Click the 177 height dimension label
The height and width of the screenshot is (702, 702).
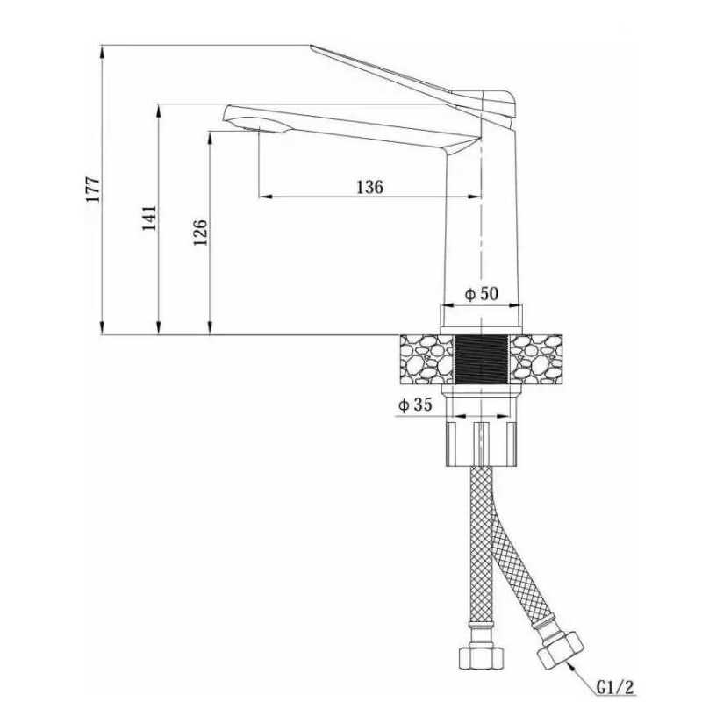pos(94,190)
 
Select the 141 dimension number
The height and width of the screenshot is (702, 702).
pos(149,218)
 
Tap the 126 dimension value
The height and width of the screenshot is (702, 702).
pos(200,233)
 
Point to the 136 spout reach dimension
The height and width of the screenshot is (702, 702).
pos(369,187)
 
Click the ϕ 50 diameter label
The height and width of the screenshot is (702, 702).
pos(481,294)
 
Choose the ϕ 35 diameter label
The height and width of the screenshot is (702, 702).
pos(415,405)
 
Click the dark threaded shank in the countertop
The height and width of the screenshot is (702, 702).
pos(481,359)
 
